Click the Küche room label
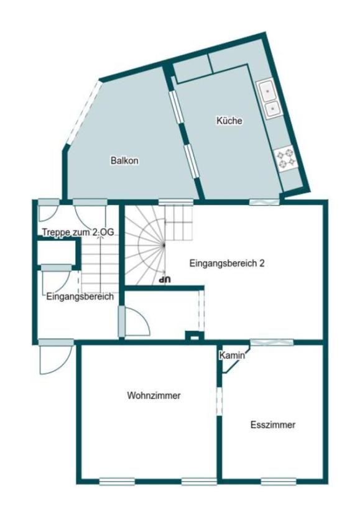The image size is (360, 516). (x=229, y=121)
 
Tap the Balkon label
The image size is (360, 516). (x=124, y=160)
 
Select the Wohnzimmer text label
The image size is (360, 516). (x=149, y=395)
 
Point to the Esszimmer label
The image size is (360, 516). (x=272, y=425)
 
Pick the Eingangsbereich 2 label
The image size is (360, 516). (x=227, y=263)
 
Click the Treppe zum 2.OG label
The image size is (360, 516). (x=79, y=232)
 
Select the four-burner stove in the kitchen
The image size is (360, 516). (x=286, y=157)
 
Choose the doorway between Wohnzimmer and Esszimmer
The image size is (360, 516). (x=219, y=401)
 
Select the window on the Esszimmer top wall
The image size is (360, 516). (x=271, y=342)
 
